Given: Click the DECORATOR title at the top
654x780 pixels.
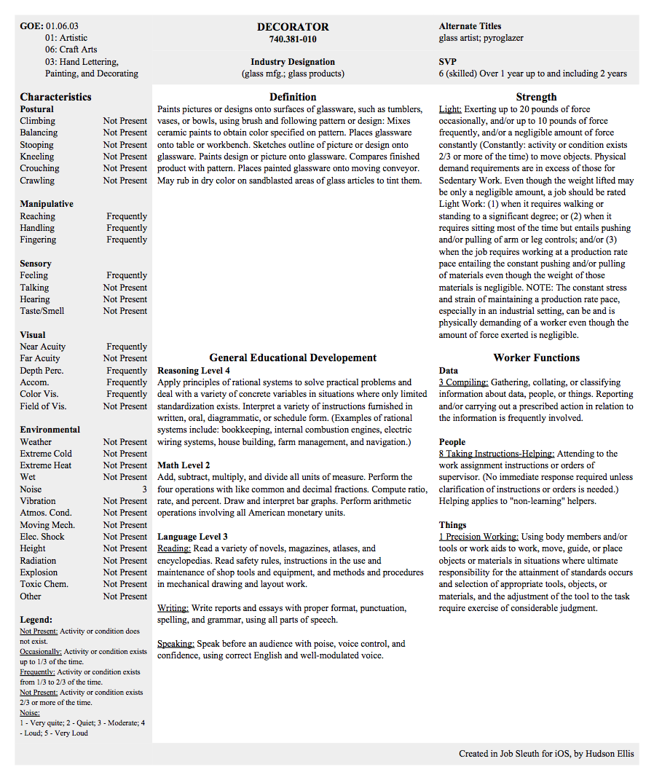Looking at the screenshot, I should pos(293,27).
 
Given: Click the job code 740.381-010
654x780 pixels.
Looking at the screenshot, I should pos(293,39).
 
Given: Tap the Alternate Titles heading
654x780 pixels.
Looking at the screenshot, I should pos(470,26).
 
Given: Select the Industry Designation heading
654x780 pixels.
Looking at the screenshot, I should pos(293,62).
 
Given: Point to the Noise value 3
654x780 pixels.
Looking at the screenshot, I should pos(144,489).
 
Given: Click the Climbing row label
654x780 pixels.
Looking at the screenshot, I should pos(38,121).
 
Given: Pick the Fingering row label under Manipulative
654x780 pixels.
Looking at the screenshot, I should pos(38,240).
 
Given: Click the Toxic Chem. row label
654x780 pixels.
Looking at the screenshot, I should pos(44,584).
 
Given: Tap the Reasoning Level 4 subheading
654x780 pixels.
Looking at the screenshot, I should pos(194,371).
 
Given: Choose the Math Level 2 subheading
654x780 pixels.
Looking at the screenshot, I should pos(184,465).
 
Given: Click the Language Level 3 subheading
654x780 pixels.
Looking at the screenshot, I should pos(192,537).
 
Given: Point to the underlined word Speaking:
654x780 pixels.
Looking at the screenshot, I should pos(176,644).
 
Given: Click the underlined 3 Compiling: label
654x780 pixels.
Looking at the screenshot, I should pos(463,382).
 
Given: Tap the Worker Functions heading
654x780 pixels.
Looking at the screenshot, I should pos(537,358).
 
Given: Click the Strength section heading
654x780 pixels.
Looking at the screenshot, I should pos(536,97).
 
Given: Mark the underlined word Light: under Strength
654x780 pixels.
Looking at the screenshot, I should pos(450,109).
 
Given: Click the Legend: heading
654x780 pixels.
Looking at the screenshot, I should pos(36,620).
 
